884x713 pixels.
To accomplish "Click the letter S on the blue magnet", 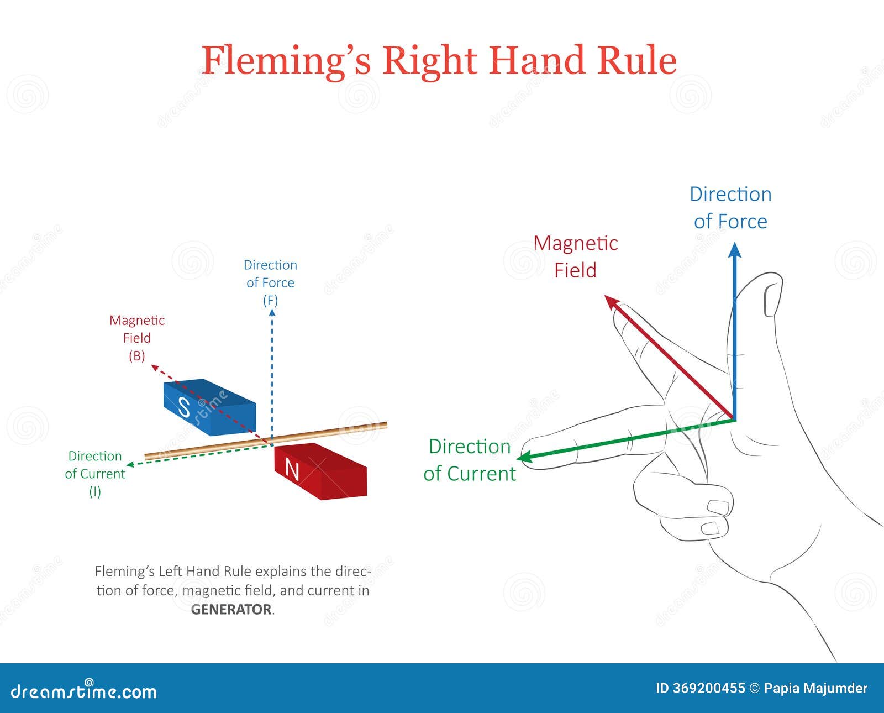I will (x=184, y=408).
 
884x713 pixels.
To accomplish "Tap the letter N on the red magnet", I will (x=292, y=470).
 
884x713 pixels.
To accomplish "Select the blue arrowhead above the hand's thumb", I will (x=734, y=250).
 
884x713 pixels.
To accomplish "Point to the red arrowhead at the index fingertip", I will (x=612, y=302).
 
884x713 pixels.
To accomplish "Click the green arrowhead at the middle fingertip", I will (x=525, y=457).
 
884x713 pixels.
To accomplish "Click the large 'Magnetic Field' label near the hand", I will (x=575, y=256).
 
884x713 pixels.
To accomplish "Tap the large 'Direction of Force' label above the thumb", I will (x=730, y=208).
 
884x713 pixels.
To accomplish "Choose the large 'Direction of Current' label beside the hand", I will (x=470, y=460).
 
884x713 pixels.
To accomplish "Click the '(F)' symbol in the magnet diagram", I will (x=270, y=301).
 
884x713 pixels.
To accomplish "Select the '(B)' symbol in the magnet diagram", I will (x=136, y=356).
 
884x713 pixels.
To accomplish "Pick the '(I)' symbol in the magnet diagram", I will (x=95, y=491).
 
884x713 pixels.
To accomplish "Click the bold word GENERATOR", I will (x=231, y=610).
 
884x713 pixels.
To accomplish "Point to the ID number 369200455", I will (x=708, y=689).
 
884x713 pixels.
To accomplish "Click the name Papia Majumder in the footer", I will (x=815, y=689).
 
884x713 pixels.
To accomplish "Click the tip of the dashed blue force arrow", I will (x=272, y=312).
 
